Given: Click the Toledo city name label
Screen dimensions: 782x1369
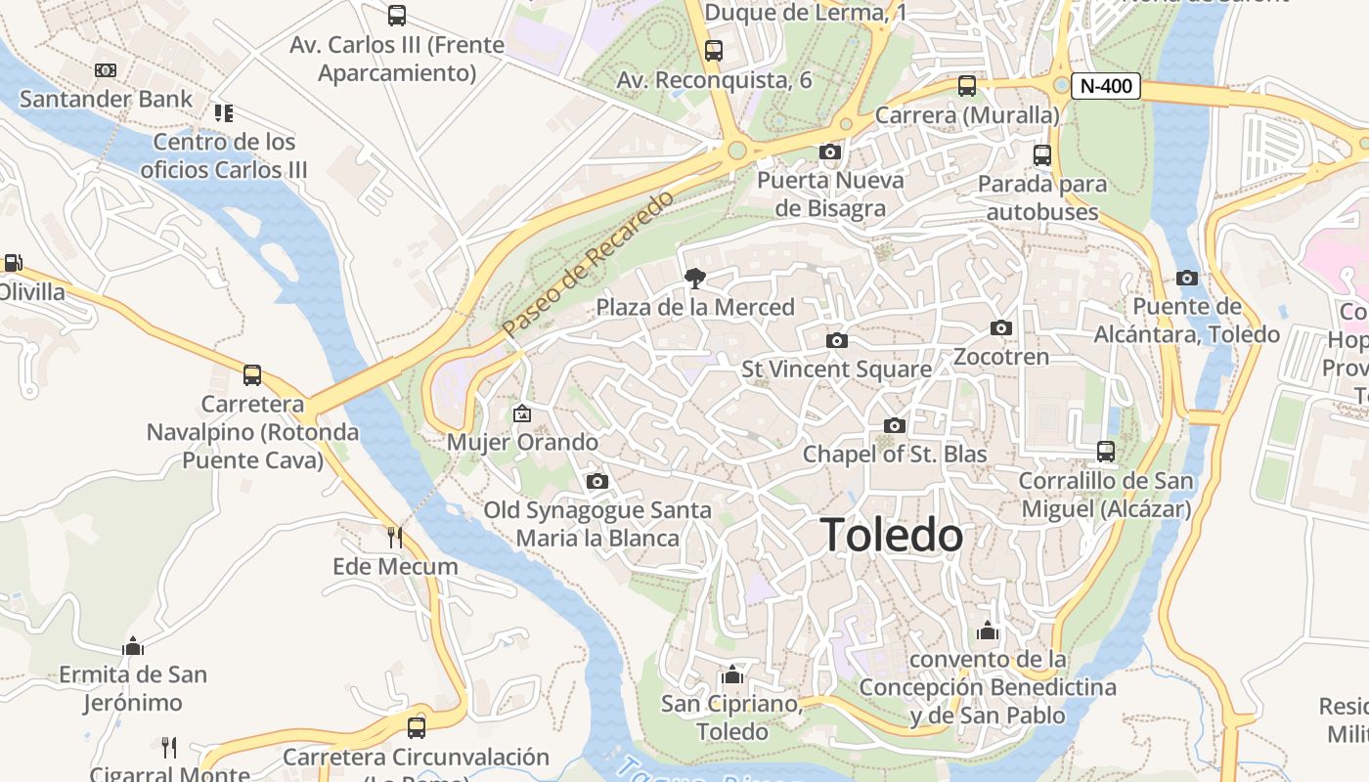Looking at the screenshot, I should (x=892, y=536).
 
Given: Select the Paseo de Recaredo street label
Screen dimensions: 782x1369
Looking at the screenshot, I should (x=589, y=265).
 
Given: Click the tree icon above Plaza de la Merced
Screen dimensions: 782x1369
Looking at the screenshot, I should (x=695, y=279).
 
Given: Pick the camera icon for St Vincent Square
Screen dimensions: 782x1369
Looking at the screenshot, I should (x=836, y=340).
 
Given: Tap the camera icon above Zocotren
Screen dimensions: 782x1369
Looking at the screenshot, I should (x=1001, y=327).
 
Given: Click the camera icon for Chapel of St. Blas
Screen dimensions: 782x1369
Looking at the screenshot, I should (x=894, y=425).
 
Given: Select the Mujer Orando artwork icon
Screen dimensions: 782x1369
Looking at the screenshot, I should (x=522, y=413).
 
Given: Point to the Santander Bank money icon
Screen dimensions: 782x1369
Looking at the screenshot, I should (x=105, y=70).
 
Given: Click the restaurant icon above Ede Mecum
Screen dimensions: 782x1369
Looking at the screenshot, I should (x=395, y=537).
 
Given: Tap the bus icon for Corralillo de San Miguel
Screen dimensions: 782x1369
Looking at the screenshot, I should (x=1106, y=451).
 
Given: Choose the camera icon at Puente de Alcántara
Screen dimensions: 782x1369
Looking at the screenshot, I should (x=1187, y=278).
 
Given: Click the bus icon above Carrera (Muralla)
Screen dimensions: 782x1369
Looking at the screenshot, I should (x=967, y=86).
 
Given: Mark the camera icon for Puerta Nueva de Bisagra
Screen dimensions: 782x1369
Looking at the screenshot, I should (x=829, y=152).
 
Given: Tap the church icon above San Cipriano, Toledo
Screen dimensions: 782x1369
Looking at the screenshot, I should (x=732, y=674).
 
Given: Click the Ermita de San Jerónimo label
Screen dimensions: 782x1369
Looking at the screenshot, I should (x=133, y=688).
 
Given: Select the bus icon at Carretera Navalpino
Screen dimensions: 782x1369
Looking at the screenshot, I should (x=252, y=375).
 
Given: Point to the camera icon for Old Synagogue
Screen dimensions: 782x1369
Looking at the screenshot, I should (x=597, y=481).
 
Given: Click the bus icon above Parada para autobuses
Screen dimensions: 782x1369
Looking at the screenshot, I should (x=1042, y=154).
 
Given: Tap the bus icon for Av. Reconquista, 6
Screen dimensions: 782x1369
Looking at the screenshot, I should (x=714, y=51).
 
